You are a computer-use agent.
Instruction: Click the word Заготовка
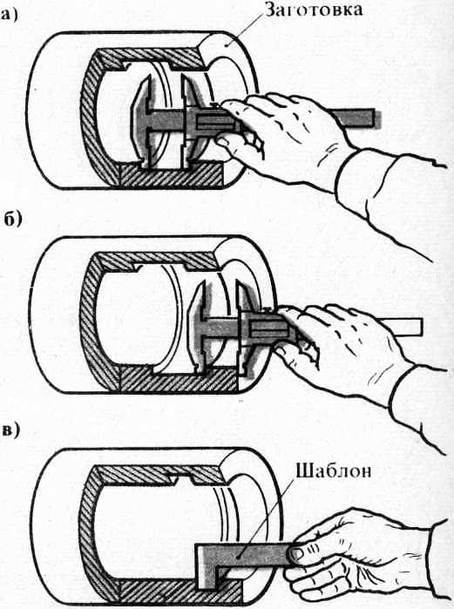click(314, 10)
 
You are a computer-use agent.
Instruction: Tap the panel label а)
click(10, 16)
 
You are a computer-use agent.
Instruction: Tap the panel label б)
click(13, 219)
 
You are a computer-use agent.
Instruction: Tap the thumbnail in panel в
click(298, 554)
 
